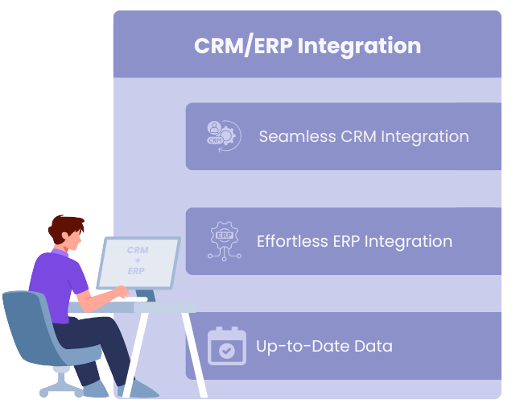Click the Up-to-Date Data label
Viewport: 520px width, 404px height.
(324, 347)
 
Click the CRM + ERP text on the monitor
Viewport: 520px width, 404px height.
(138, 260)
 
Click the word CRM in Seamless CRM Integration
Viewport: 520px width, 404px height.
(359, 136)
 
